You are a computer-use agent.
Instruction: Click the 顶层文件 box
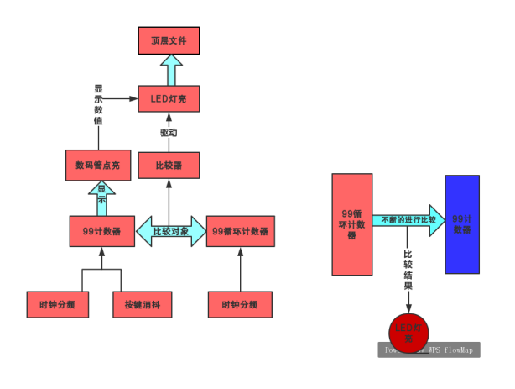[170, 39]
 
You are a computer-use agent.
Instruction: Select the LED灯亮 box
[170, 100]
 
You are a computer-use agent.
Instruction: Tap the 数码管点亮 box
[99, 166]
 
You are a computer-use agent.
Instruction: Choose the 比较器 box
[170, 166]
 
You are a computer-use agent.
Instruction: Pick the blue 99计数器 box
[462, 224]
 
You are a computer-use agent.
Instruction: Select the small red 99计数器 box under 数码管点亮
[102, 231]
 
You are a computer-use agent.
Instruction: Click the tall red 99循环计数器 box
[352, 224]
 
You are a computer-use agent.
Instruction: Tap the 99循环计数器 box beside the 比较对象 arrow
[240, 231]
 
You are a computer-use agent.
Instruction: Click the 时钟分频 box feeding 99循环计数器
[240, 304]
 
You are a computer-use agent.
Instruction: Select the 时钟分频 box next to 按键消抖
[57, 304]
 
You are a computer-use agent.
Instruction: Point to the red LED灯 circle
[408, 331]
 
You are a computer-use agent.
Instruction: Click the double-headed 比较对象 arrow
[170, 231]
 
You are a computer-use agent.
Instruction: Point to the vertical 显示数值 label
[98, 104]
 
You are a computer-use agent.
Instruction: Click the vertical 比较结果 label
[408, 269]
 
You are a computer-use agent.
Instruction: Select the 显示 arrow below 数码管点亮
[102, 197]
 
